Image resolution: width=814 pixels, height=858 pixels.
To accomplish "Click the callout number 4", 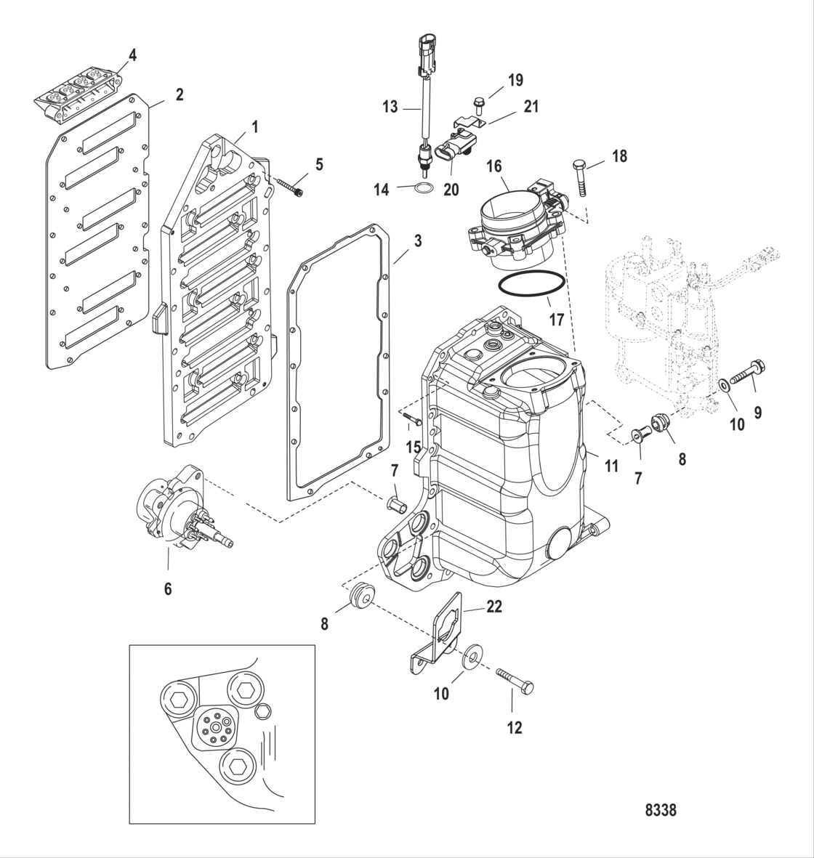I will tap(132, 54).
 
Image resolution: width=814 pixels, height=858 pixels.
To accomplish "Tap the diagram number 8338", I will tap(660, 809).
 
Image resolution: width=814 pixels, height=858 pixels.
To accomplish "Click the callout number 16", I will tap(515, 167).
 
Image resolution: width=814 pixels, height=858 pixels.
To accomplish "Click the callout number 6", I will tap(168, 588).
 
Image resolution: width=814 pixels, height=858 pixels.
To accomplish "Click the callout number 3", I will tap(417, 240).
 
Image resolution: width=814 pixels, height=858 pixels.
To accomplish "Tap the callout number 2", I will tap(180, 94).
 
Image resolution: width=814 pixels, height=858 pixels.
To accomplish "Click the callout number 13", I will tap(390, 107).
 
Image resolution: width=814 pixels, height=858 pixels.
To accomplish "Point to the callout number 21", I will tap(531, 106).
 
